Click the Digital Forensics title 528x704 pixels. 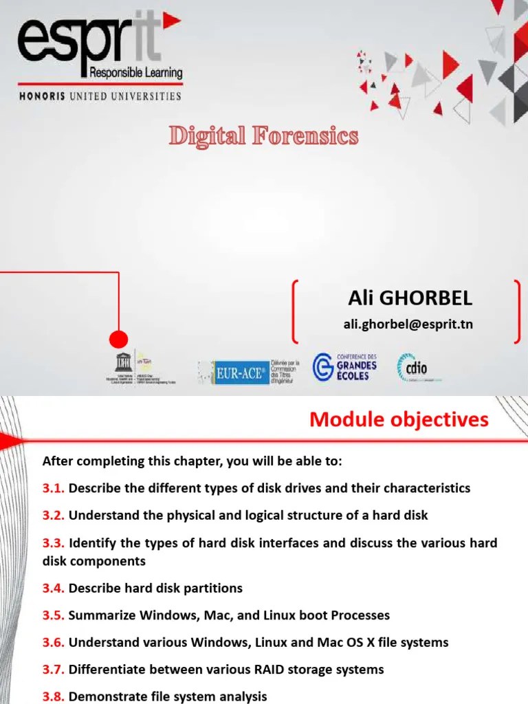264,136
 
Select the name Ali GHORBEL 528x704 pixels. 410,298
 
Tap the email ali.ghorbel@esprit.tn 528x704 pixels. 408,324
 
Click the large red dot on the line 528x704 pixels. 119,339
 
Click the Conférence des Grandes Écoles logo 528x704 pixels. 346,367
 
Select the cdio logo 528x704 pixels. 412,368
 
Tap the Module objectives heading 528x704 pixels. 399,419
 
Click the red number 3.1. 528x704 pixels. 53,488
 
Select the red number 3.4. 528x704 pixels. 53,588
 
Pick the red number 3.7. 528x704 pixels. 53,670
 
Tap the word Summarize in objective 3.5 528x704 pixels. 101,615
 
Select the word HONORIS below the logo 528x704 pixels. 42,96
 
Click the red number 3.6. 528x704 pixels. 53,643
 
